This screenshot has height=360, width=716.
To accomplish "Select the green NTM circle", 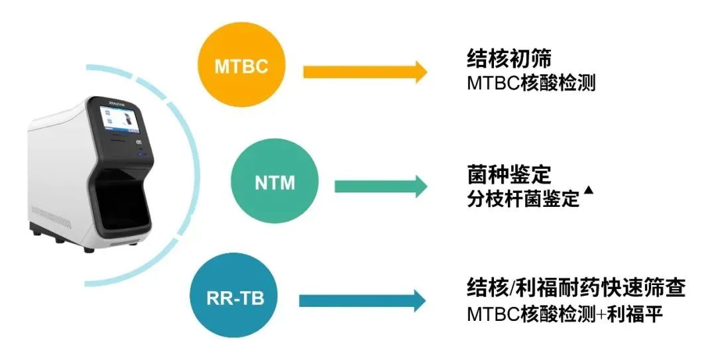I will (274, 182).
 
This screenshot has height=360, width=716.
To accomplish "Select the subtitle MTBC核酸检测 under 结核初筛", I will (530, 84).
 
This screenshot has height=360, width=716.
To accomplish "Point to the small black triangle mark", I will (589, 191).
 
